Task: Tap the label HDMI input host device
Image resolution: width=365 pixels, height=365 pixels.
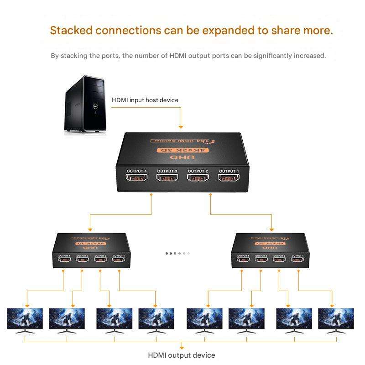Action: point(145,100)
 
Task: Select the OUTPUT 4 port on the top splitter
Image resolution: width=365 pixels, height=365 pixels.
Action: point(136,178)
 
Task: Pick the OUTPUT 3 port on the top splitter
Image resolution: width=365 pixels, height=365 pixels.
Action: point(167,178)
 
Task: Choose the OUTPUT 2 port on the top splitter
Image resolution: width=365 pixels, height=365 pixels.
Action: point(198,178)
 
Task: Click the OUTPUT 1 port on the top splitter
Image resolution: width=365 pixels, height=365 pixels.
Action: point(228,178)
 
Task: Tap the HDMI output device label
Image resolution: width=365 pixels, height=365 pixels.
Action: point(182,355)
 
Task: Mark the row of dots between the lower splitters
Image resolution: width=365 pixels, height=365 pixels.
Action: point(177,253)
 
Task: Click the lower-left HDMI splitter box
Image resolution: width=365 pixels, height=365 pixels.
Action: point(91,250)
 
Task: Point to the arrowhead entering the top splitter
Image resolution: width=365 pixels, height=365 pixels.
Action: point(181,126)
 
